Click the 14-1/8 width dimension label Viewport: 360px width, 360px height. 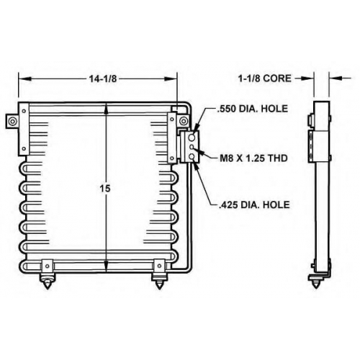(x=103, y=78)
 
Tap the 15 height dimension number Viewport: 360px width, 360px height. (x=105, y=189)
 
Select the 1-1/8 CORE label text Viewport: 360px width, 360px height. (x=264, y=78)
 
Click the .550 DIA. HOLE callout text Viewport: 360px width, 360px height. (x=252, y=109)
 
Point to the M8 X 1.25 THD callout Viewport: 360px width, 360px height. (x=253, y=158)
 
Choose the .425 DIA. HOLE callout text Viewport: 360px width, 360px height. (x=254, y=204)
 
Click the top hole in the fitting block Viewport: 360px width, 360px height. (x=192, y=138)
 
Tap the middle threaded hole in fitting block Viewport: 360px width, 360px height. (x=192, y=147)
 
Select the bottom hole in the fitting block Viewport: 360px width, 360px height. (x=192, y=157)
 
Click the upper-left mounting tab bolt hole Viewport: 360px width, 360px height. (x=12, y=121)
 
